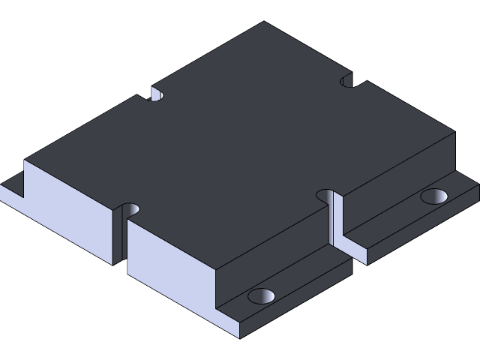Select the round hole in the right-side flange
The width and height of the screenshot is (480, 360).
433,196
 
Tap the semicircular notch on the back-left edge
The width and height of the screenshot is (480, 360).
157,94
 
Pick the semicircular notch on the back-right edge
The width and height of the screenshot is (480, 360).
346,79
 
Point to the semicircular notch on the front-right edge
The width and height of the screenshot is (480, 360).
326,196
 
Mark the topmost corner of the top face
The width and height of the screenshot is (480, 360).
264,22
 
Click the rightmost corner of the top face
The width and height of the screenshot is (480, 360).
455,131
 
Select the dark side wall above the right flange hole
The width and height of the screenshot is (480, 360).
397,180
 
